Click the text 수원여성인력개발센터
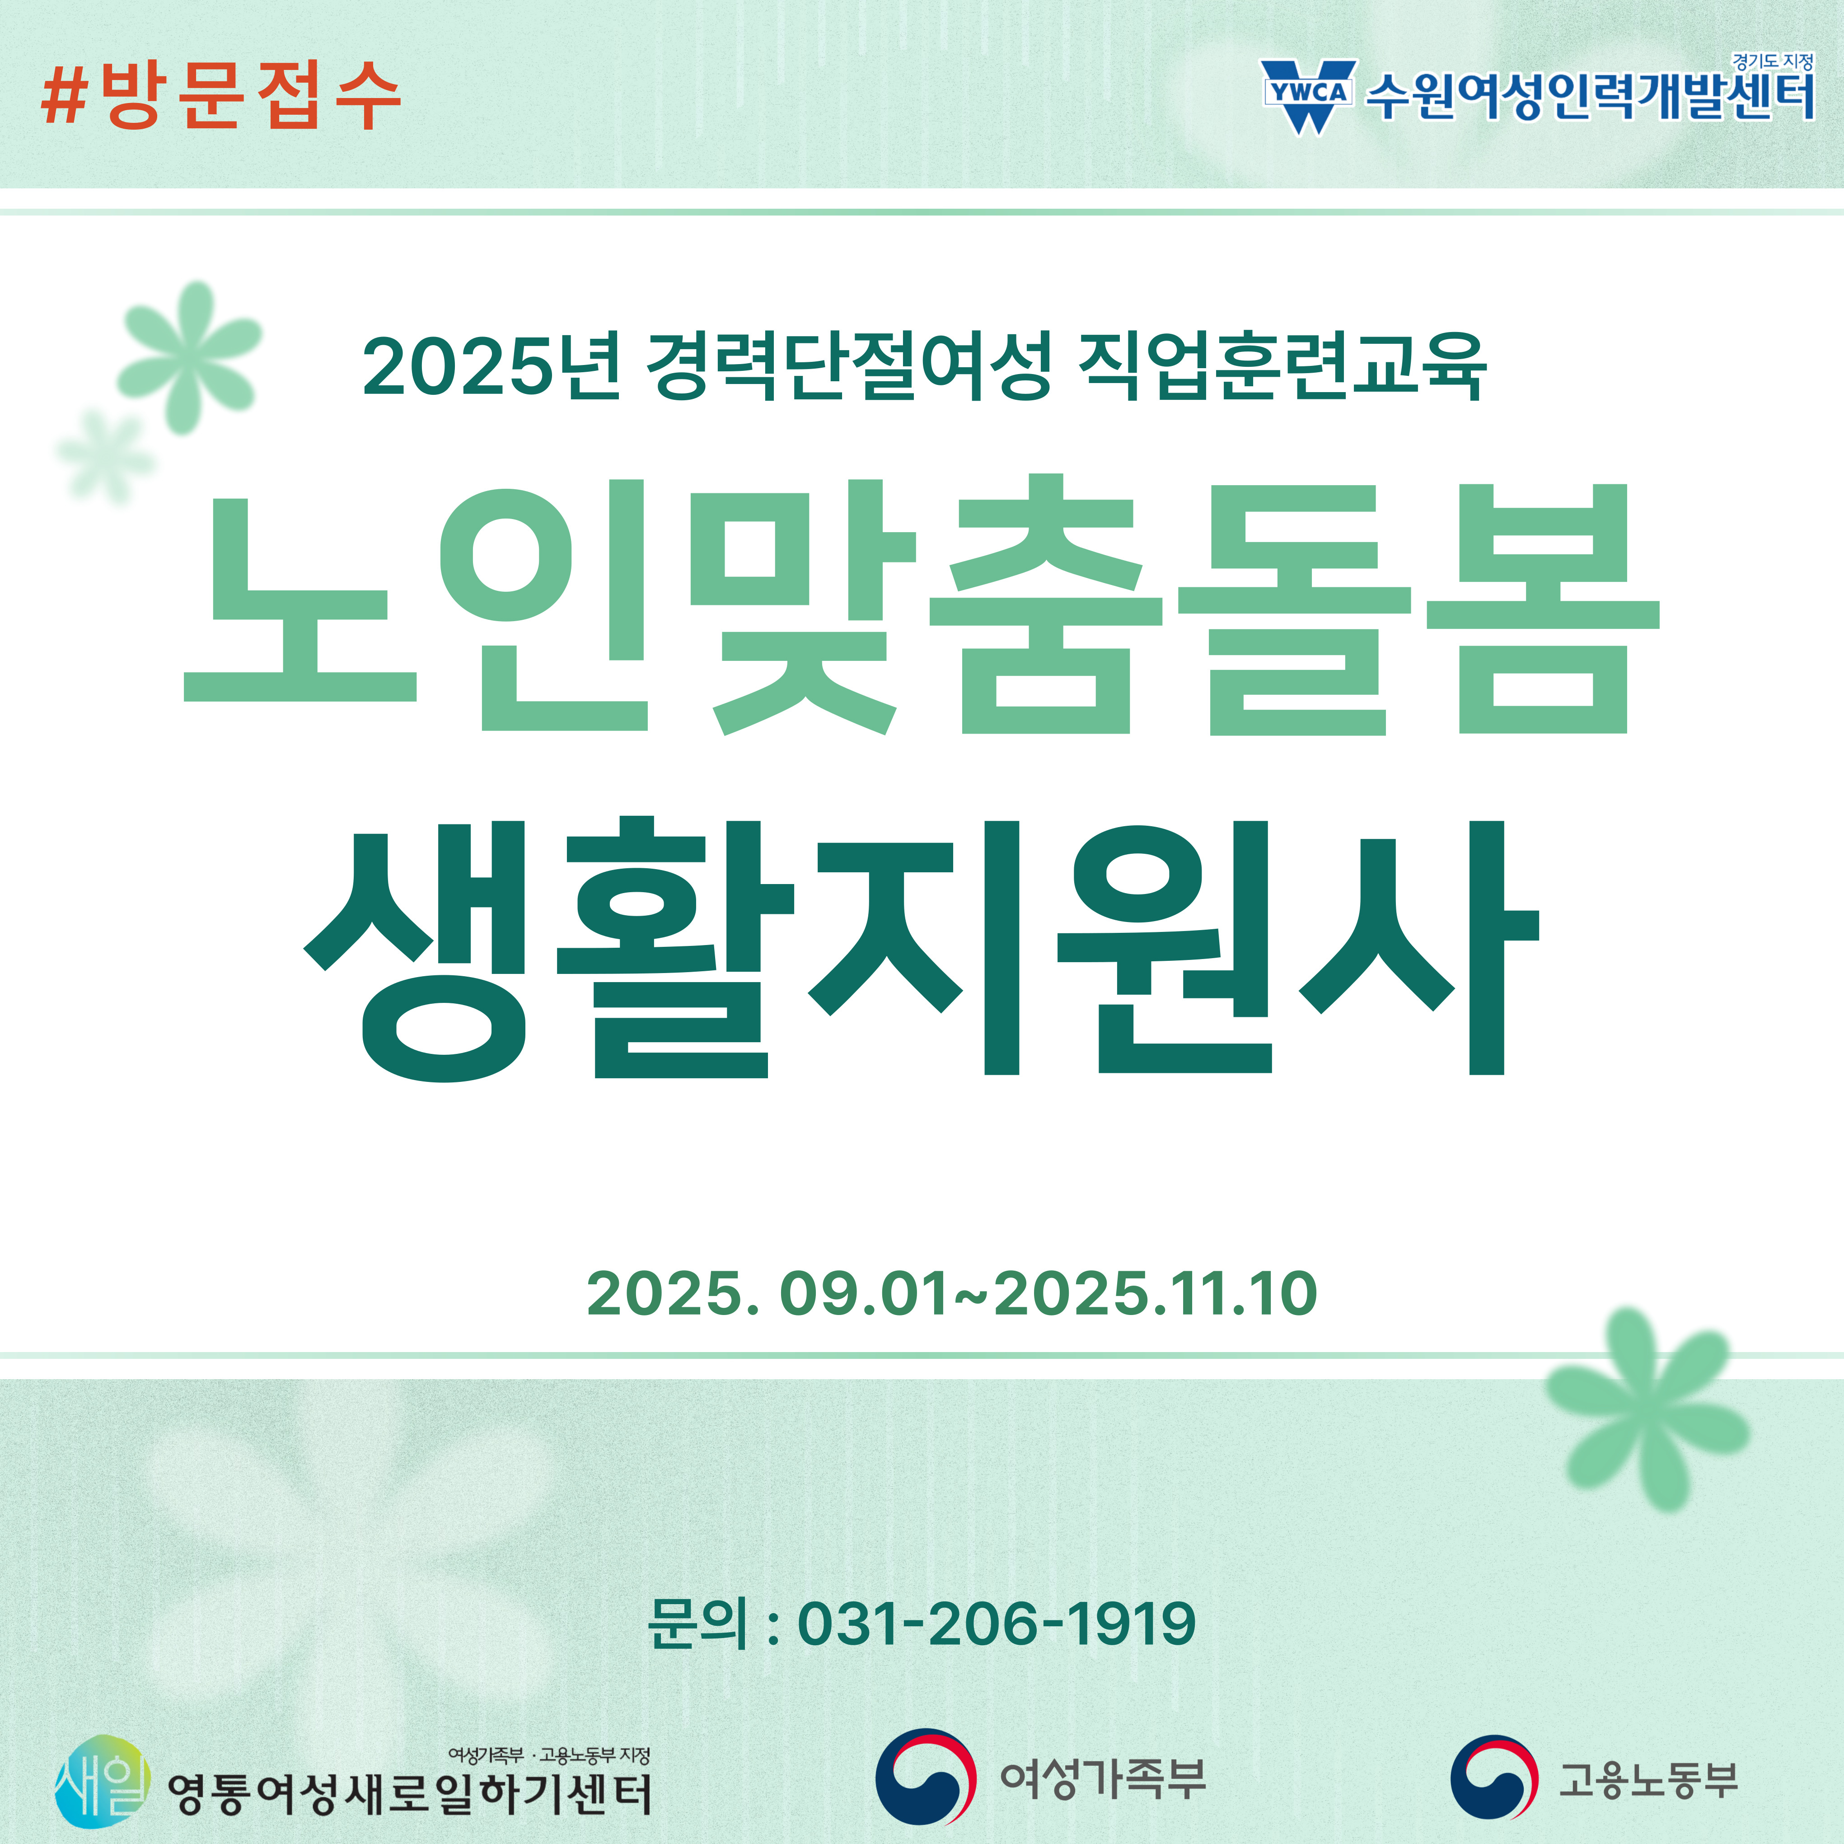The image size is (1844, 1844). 1590,96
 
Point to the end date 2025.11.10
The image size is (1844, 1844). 1156,1294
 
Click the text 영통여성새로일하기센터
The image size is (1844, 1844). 409,1794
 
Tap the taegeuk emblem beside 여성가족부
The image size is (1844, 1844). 926,1777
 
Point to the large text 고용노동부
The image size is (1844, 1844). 1648,1780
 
